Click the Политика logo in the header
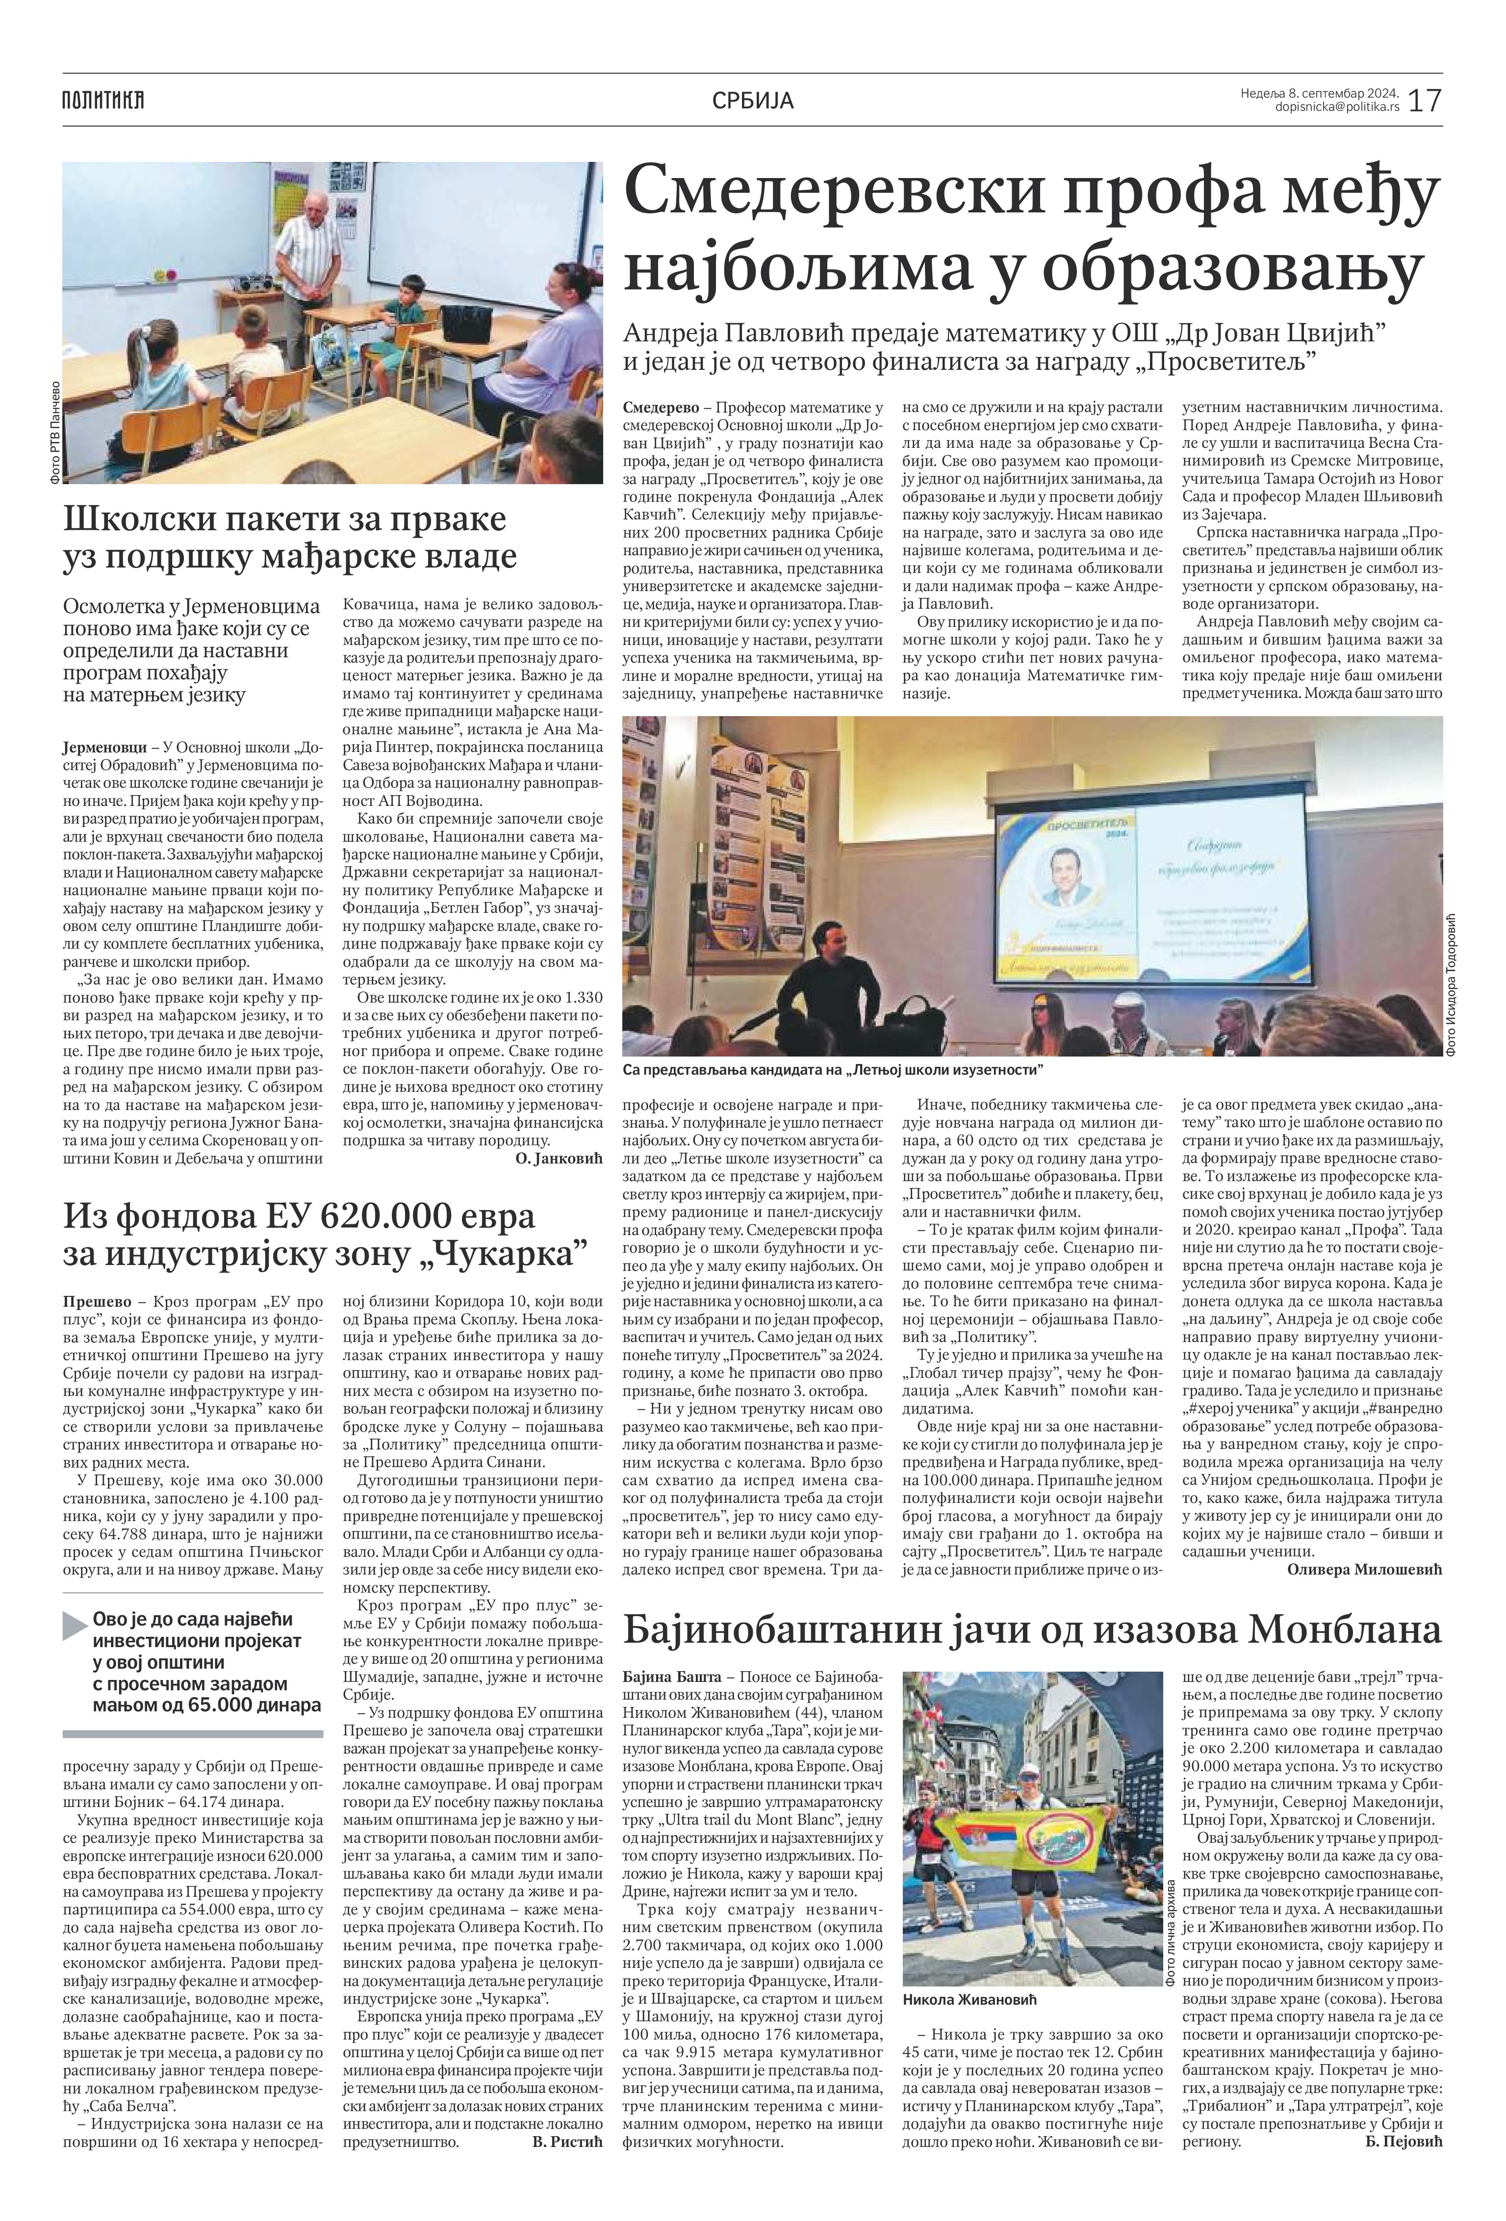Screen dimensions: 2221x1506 (103, 100)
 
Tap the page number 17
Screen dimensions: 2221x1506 (1424, 100)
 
